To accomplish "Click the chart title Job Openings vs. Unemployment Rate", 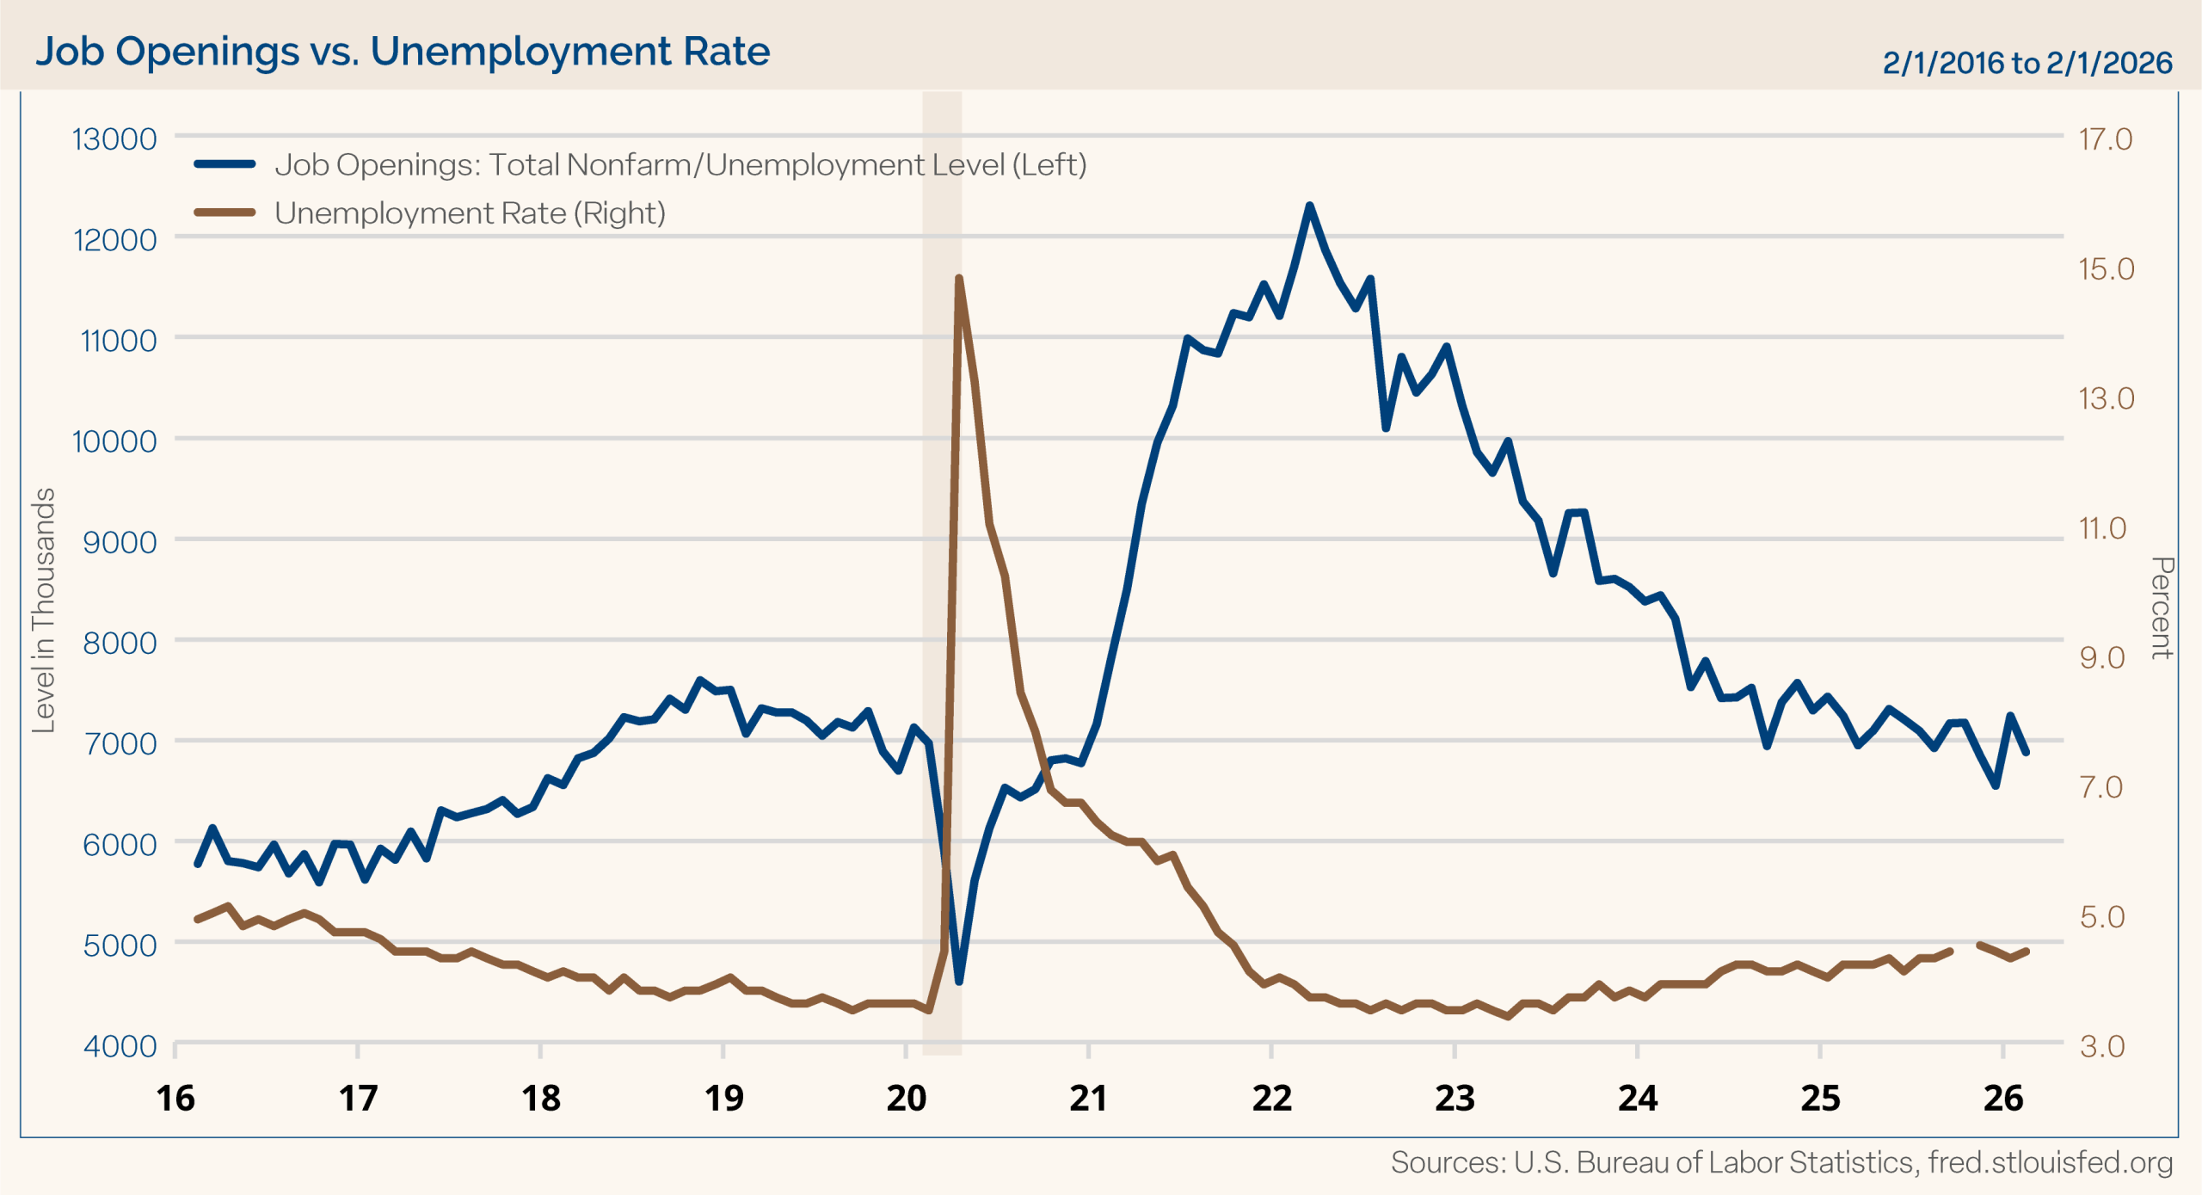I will tap(403, 52).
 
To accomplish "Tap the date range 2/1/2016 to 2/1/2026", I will tap(2027, 63).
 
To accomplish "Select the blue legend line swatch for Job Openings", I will tap(225, 164).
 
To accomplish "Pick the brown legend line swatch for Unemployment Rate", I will tap(225, 213).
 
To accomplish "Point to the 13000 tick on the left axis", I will tap(114, 139).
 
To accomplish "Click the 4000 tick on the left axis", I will tap(120, 1046).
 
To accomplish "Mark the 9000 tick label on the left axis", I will tap(120, 542).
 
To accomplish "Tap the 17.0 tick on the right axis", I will tap(2106, 139).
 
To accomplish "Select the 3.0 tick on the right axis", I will tap(2102, 1046).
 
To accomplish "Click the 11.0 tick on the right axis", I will tap(2102, 527).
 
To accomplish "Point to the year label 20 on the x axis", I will tap(906, 1099).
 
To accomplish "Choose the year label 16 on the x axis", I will tap(175, 1099).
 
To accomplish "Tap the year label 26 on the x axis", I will tap(2003, 1099).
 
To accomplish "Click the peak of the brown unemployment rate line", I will tap(958, 278).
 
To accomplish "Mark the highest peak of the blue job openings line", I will tap(1309, 206).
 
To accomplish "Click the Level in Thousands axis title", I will tap(43, 610).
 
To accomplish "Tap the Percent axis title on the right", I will tap(2162, 607).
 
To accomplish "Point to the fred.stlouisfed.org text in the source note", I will tap(2050, 1162).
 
